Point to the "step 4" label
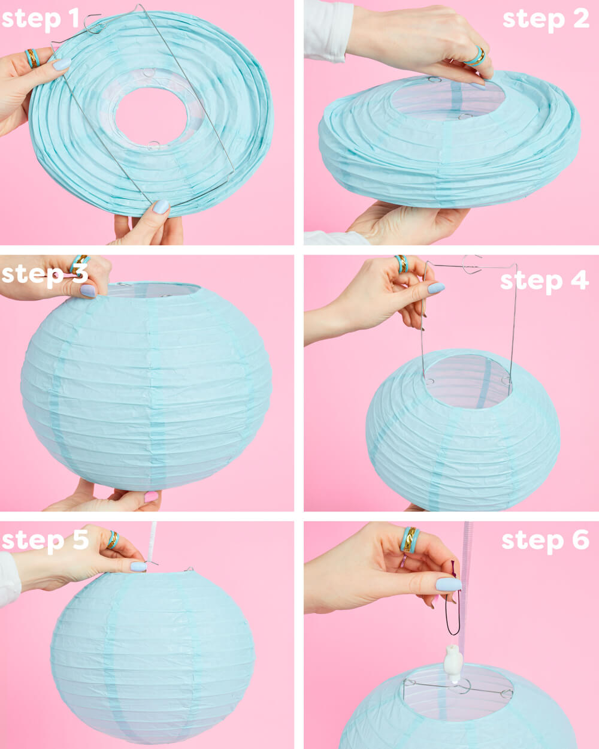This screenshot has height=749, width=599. [544, 280]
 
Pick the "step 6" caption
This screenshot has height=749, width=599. [545, 540]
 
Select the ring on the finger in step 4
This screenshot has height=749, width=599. [401, 263]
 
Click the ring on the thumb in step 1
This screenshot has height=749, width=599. [32, 58]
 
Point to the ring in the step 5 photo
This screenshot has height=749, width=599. [112, 539]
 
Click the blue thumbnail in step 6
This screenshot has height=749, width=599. [448, 584]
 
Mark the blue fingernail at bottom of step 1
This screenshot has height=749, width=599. [161, 207]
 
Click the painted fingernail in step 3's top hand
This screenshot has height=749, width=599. [88, 291]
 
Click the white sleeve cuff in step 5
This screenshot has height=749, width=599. [9, 578]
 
